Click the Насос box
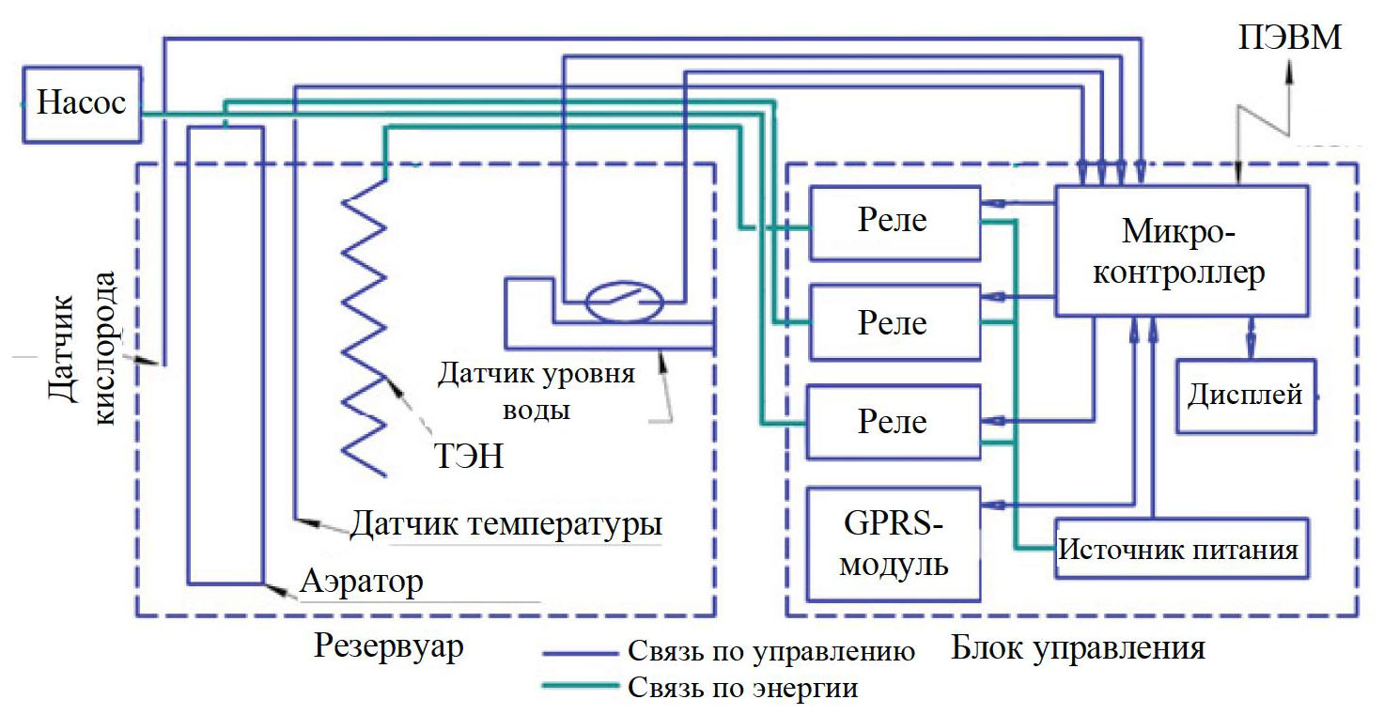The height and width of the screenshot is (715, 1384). (x=81, y=103)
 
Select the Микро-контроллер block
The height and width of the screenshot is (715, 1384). (x=1181, y=250)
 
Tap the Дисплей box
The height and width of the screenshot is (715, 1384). (x=1245, y=396)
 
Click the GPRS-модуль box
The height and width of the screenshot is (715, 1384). (x=893, y=545)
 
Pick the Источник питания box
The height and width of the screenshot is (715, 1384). (x=1180, y=549)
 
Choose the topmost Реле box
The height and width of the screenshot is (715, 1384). (x=893, y=222)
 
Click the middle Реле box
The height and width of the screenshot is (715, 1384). (x=893, y=322)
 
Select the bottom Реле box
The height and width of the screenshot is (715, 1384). (x=893, y=421)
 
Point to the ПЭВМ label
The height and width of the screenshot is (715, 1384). (x=1291, y=39)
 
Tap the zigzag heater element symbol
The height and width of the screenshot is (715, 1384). (x=363, y=324)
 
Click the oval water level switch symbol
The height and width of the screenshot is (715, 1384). (x=624, y=302)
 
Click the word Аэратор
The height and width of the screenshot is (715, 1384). (x=362, y=582)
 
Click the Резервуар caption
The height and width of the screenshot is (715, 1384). (x=389, y=647)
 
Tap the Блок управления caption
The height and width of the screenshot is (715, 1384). (x=1078, y=648)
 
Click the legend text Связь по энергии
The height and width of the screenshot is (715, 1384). (x=742, y=687)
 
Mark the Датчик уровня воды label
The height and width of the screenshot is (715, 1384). (x=536, y=390)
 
